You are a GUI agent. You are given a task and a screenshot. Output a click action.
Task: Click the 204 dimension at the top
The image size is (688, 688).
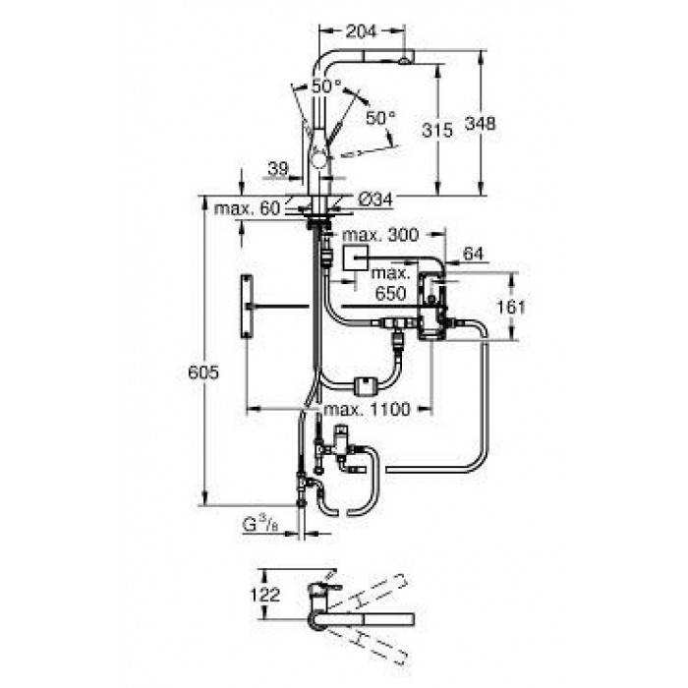[361, 31]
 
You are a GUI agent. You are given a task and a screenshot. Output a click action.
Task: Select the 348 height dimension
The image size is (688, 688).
[481, 123]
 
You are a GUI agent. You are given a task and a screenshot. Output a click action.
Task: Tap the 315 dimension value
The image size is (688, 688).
[437, 130]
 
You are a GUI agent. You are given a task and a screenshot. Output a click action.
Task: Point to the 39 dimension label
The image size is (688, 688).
[278, 168]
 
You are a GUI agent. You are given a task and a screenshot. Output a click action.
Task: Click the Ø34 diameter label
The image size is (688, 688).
[375, 201]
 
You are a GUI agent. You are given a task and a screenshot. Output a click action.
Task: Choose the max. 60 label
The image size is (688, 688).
[247, 208]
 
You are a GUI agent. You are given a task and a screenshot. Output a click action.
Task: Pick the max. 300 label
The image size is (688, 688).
[380, 235]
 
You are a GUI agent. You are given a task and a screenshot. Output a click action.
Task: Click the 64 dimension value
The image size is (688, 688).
[473, 254]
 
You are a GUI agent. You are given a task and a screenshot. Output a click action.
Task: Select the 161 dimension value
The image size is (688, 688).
[510, 307]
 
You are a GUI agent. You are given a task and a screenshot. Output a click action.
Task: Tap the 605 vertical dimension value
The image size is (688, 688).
[203, 373]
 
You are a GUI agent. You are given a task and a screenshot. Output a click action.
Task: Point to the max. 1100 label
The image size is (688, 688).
[367, 410]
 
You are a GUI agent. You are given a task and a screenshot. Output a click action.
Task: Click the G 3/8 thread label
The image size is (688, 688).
[260, 524]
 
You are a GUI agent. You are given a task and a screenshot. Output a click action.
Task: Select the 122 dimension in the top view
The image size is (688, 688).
[264, 595]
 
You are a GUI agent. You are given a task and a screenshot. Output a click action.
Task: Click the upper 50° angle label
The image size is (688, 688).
[326, 86]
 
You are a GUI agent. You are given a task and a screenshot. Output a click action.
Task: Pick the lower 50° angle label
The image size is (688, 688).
[381, 117]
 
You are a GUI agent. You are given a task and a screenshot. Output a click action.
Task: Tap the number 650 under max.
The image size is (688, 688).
[390, 293]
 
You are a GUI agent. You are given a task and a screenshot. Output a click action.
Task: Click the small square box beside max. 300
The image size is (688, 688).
[356, 258]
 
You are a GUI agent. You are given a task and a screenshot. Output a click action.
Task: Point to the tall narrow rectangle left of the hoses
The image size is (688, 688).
[247, 307]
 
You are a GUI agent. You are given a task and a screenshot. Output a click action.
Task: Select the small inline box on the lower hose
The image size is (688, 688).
[365, 386]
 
